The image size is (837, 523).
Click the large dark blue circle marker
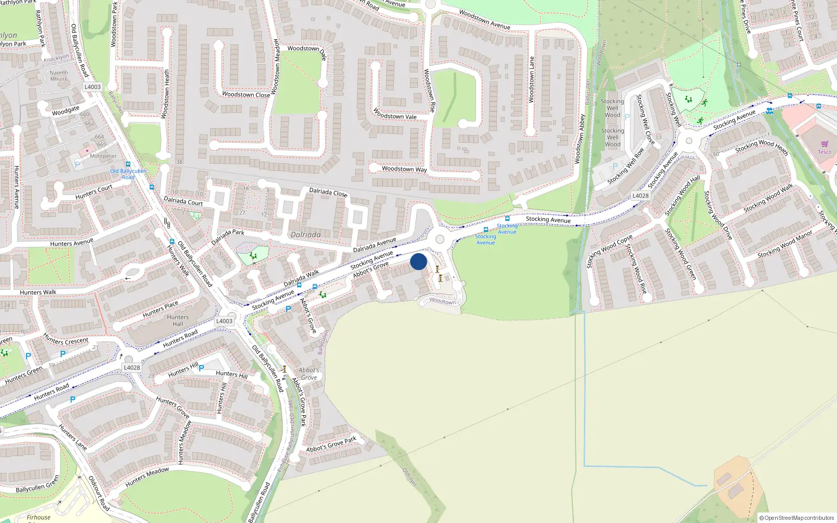click(418, 261)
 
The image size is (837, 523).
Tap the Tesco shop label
click(824, 152)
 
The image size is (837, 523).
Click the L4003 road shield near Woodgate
click(92, 87)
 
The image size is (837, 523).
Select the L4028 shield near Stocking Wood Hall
click(640, 196)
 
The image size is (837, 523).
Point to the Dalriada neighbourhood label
click(306, 235)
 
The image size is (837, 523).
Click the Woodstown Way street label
click(404, 169)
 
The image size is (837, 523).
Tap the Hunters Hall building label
click(178, 321)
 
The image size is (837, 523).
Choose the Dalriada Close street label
click(328, 192)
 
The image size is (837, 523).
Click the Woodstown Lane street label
click(532, 79)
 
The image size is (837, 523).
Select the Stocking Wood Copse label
click(610, 251)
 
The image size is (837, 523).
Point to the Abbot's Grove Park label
click(331, 444)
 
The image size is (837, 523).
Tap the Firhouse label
click(39, 517)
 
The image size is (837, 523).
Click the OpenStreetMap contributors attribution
click(796, 518)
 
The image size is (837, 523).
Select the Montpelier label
click(104, 156)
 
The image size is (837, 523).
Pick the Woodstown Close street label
click(246, 95)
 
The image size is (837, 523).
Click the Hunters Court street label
click(94, 192)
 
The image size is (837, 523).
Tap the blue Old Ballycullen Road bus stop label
click(128, 174)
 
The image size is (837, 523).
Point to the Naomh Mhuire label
click(59, 76)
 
